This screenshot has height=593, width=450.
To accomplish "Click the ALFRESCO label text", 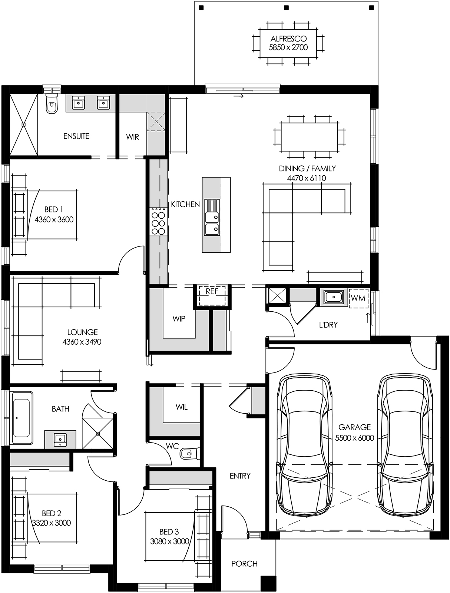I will point(288,39).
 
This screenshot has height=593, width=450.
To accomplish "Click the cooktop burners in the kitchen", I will point(158,222).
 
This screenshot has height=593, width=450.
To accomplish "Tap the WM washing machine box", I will point(358,298).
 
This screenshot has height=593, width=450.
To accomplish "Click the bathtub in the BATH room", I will point(21,418).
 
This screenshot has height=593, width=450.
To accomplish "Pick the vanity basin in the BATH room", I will point(60,439).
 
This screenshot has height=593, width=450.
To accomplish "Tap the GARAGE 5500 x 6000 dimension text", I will point(354,438).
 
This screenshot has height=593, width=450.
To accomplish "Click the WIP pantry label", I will point(179,319).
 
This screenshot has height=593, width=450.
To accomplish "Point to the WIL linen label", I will point(181,407).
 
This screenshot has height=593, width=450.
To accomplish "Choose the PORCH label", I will point(244,564).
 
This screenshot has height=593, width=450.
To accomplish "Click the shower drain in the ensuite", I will point(24,125).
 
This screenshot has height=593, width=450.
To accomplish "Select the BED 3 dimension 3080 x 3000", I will point(169,541).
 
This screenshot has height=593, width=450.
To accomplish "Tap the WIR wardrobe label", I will point(132,137).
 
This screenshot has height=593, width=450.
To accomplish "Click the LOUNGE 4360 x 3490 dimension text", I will point(82,342).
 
